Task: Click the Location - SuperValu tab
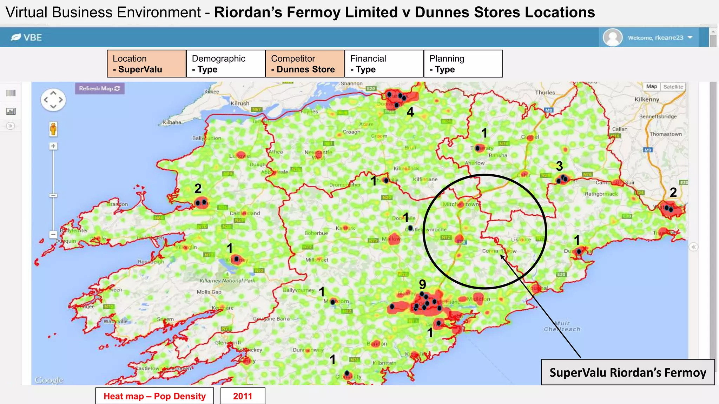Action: click(x=146, y=63)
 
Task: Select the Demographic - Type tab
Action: click(x=225, y=63)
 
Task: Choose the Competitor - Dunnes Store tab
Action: click(x=305, y=63)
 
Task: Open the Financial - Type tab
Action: click(x=384, y=63)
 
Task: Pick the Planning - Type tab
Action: click(x=463, y=63)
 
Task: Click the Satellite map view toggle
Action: click(x=673, y=87)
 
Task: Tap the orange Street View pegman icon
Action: click(x=53, y=129)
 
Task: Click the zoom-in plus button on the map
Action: click(x=53, y=146)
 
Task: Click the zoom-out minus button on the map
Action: click(x=53, y=234)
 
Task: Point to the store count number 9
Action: click(x=422, y=284)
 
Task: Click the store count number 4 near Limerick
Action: click(x=410, y=112)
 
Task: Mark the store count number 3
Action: click(x=559, y=166)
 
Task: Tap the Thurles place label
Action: click(x=545, y=93)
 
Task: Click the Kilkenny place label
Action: click(x=647, y=99)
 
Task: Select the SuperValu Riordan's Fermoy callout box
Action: click(x=628, y=372)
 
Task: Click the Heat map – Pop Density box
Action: click(x=154, y=396)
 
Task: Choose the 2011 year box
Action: click(x=243, y=396)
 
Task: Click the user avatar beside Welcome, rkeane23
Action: click(x=612, y=37)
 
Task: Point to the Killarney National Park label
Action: click(x=227, y=281)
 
